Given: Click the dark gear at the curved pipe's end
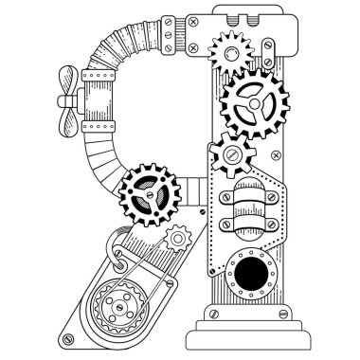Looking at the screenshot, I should (151, 188).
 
